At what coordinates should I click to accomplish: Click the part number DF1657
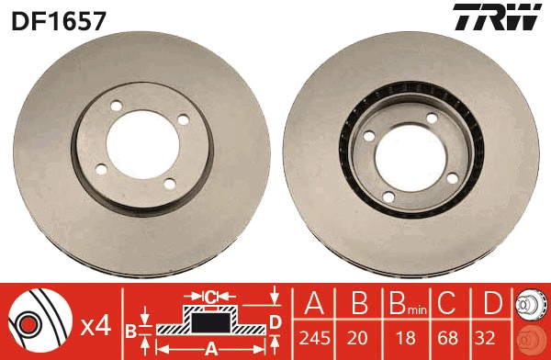click(x=57, y=18)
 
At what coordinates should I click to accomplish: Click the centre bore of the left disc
click(x=145, y=142)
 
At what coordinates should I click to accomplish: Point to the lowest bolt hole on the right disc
click(x=388, y=196)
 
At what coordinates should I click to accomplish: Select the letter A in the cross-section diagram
click(x=211, y=349)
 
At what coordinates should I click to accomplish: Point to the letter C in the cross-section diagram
click(x=210, y=297)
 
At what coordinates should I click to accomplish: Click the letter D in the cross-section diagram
click(x=274, y=321)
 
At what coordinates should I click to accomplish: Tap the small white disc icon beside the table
click(x=531, y=308)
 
